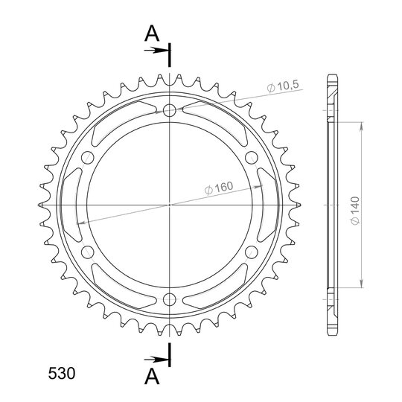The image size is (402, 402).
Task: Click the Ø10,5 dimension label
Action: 283,86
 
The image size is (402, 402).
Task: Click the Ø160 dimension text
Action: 219,188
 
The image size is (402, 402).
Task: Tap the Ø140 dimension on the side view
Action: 355,211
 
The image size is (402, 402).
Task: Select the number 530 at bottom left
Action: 62,373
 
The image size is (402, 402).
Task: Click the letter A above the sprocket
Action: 152,33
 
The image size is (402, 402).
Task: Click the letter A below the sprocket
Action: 152,377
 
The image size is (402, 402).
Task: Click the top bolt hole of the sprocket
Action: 170,110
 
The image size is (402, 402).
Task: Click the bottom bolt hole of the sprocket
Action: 170,299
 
